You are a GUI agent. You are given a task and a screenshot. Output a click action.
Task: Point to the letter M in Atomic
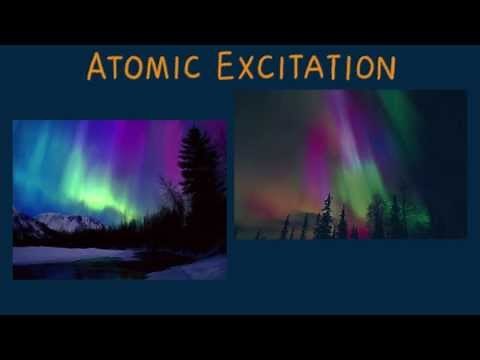point(159,68)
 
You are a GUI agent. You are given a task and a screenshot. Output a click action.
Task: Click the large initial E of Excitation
point(227,66)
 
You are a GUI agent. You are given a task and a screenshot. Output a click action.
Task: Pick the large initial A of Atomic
point(97,66)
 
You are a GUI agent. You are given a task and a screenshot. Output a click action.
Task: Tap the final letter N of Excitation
point(385,68)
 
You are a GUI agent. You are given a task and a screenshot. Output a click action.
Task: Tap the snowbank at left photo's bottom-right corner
point(205,268)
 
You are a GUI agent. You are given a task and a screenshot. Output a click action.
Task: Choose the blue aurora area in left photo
point(35,160)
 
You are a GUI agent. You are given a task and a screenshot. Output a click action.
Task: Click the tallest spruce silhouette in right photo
point(325,216)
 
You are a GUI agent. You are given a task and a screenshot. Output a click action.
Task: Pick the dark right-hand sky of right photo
point(445,150)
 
